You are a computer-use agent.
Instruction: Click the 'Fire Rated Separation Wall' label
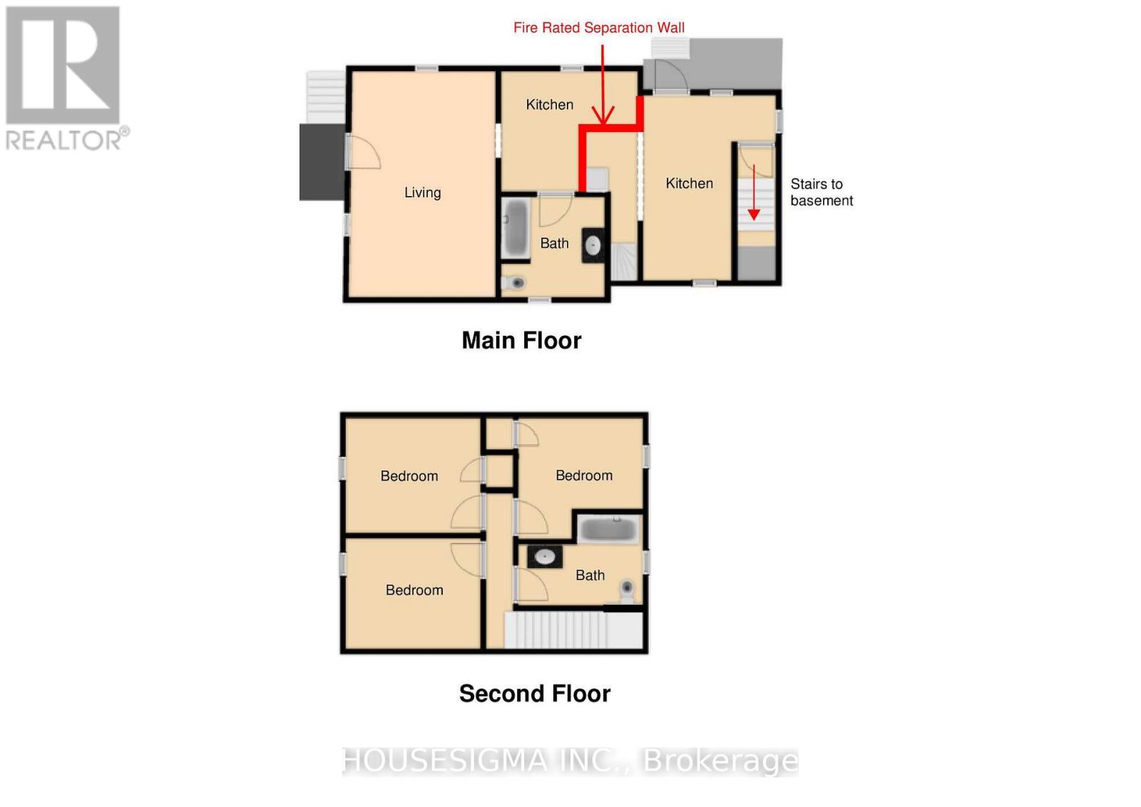(598, 28)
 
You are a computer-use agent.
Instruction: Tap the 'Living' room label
(422, 192)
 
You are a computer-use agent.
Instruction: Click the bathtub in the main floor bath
(515, 228)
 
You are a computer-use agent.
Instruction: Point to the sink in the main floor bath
(593, 246)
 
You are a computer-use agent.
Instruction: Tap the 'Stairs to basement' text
(821, 192)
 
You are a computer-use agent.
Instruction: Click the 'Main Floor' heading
(521, 340)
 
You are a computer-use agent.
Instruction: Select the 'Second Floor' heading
(534, 694)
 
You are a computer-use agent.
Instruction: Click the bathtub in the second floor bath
(608, 530)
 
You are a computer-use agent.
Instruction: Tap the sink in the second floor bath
(545, 557)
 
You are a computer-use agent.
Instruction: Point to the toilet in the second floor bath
(627, 589)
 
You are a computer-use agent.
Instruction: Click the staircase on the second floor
(574, 629)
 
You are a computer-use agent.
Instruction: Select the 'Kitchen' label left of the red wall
(549, 105)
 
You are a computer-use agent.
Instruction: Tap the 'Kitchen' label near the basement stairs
(689, 183)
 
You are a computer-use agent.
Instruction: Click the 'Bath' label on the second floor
(590, 575)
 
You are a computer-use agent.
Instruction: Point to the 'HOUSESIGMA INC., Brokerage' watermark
(570, 761)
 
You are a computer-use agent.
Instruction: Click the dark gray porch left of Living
(322, 162)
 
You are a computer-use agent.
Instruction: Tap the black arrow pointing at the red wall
(603, 86)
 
